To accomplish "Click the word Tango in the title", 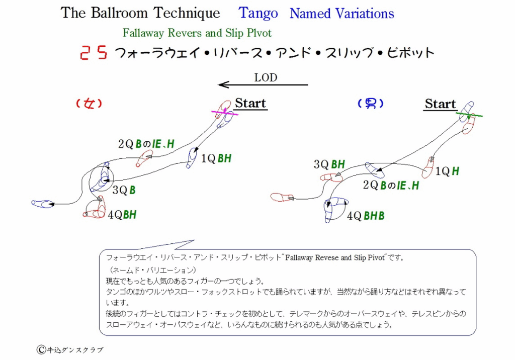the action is [258, 14].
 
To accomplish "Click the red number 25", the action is [94, 52].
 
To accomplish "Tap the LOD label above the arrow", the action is [266, 77].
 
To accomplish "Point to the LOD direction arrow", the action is [263, 85].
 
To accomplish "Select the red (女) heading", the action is [89, 104].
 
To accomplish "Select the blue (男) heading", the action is [371, 104].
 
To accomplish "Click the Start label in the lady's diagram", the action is [250, 104].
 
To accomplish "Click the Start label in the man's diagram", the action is [440, 104].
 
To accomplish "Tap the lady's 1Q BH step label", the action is [216, 159].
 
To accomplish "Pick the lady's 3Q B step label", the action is [124, 190].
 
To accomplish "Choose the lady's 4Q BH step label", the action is [122, 215].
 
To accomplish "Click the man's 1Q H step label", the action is [447, 171].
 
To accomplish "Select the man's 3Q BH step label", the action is [329, 164].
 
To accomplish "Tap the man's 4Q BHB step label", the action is [366, 216].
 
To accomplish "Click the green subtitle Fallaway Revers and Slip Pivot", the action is [197, 33].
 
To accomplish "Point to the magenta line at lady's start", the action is [225, 113].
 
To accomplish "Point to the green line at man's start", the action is [469, 114].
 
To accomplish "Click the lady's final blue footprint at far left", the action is [42, 204].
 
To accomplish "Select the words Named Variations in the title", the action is [341, 14].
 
